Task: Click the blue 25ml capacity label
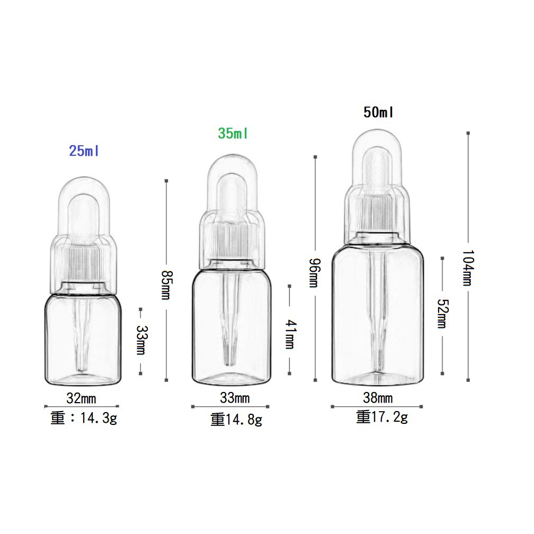84,151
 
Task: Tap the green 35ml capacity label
233,133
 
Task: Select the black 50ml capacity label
378,112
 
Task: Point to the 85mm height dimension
167,284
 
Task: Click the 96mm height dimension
315,273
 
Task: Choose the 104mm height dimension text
468,268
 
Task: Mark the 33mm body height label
141,340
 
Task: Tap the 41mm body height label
290,334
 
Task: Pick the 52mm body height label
443,314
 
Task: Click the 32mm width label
81,398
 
